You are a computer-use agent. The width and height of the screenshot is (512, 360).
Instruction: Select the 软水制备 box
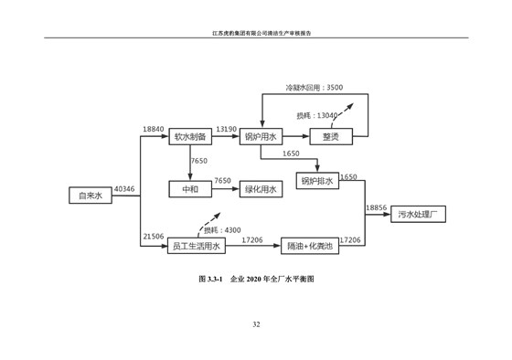[x=190, y=137]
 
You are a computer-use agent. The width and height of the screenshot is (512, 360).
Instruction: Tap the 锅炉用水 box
[x=261, y=137]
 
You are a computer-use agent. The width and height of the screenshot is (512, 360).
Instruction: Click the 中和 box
[x=190, y=189]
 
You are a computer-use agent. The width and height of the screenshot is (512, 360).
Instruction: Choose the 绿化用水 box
[x=261, y=189]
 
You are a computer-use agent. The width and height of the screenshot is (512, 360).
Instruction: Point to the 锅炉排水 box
[x=317, y=181]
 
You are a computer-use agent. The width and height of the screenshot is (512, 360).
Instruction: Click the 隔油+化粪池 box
[x=310, y=246]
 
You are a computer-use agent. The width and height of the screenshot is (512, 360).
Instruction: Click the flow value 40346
[x=124, y=189]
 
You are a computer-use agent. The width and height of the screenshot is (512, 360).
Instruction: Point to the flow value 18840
[x=153, y=130]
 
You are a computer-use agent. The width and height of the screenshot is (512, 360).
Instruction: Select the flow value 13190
[x=226, y=130]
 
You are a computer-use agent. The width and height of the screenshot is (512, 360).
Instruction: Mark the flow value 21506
[x=153, y=237]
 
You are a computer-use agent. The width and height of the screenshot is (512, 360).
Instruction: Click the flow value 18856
[x=377, y=208]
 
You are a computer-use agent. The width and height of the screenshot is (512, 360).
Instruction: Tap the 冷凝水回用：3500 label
[x=314, y=87]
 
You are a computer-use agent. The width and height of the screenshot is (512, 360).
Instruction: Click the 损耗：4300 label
[x=222, y=229]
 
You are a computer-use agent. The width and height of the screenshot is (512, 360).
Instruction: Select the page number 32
[x=256, y=324]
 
